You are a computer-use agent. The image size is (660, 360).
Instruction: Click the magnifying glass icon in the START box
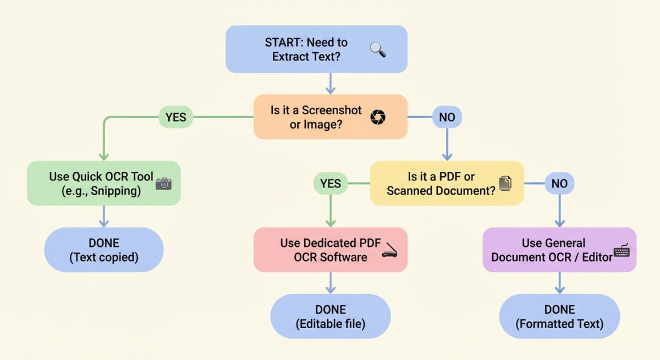pos(377,50)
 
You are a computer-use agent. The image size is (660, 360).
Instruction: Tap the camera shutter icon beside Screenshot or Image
pos(378,117)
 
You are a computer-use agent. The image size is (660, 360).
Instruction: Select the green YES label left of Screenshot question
pos(176,117)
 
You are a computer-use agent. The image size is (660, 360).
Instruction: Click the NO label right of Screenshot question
pos(447,117)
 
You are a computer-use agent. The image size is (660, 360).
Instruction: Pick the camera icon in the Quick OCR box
pos(163,184)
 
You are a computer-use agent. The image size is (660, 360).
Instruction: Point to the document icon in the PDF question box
pos(504,184)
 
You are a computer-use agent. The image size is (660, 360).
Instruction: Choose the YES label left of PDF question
pos(330,184)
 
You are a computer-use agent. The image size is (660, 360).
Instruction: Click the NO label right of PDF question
pos(559,184)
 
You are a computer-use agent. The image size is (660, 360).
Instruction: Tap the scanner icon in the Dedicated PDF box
pos(389,250)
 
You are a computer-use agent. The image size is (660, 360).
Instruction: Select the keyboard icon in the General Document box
pos(621,251)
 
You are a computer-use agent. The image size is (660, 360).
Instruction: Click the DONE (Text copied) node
pos(104,250)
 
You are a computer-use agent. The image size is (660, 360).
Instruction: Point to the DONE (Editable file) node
pos(330,316)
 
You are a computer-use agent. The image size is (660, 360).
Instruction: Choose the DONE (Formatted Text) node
pos(559,316)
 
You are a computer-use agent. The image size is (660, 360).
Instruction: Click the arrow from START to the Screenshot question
pos(330,83)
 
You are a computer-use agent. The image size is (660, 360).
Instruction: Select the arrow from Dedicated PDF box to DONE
pos(330,283)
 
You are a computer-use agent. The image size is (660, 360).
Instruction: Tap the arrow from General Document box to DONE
pos(559,283)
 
